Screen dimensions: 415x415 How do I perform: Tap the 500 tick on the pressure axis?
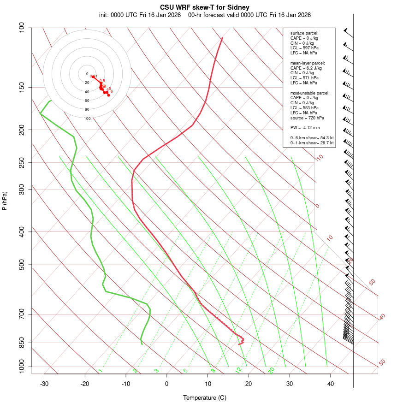click(22, 265)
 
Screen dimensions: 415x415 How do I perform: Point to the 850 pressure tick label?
click(22, 343)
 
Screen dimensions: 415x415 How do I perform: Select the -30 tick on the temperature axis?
click(44, 384)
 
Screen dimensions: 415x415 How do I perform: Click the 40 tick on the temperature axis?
click(331, 384)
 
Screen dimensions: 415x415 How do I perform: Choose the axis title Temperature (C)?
click(204, 397)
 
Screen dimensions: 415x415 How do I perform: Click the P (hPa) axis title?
click(5, 201)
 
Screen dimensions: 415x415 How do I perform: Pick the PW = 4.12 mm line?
click(305, 127)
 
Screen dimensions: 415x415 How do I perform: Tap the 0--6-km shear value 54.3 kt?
click(326, 137)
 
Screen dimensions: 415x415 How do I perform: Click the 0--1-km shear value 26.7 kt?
click(326, 143)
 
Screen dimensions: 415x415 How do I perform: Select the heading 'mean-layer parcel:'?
click(308, 63)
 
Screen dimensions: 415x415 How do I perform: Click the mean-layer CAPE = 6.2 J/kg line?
click(306, 68)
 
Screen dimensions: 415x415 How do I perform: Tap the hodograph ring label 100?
click(87, 119)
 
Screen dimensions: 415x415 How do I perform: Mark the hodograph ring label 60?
click(87, 101)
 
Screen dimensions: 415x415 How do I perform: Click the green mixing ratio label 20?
click(272, 370)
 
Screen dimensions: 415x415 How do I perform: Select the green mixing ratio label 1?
click(100, 370)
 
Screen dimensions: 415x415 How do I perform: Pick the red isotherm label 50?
click(382, 363)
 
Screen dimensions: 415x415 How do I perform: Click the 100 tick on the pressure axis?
click(22, 28)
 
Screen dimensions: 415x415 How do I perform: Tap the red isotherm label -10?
click(319, 158)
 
